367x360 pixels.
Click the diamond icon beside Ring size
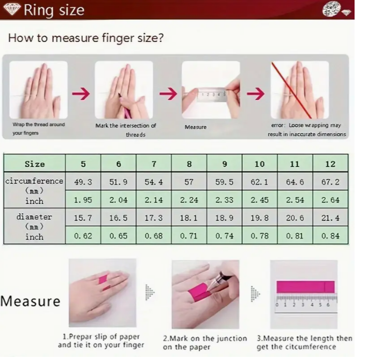coord(12,10)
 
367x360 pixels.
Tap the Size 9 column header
coord(225,164)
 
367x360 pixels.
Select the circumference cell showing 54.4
coord(154,182)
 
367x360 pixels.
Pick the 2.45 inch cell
coord(259,200)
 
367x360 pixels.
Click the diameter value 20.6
coord(295,218)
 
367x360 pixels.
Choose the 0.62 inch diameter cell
coord(83,235)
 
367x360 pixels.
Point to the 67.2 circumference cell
coord(330,182)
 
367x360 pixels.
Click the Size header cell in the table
coord(35,164)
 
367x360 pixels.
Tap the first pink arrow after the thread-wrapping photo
coord(81,94)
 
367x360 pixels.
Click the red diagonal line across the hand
coord(291,91)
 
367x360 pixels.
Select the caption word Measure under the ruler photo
coord(196,127)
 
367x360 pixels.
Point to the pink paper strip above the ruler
coord(306,287)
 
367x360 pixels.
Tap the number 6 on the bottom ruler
coord(328,305)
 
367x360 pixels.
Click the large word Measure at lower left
coord(31,301)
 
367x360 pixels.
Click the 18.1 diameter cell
coord(189,218)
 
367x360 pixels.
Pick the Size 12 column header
coord(330,164)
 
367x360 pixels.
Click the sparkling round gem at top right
coord(331,9)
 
